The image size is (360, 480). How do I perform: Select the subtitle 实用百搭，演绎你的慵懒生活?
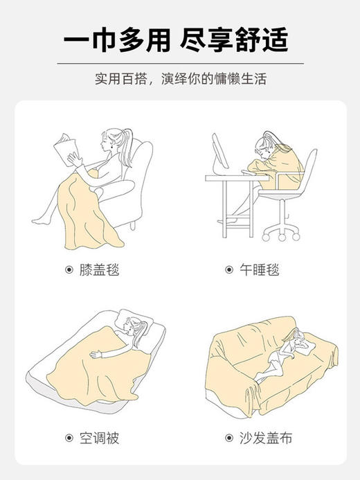click(x=180, y=78)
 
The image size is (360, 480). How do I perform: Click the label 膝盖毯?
click(x=100, y=269)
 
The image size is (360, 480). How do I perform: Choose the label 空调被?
click(x=100, y=438)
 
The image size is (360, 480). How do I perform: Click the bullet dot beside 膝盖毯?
click(x=69, y=269)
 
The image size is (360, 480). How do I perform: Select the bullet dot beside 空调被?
click(x=69, y=438)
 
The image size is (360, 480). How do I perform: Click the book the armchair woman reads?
click(x=69, y=148)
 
